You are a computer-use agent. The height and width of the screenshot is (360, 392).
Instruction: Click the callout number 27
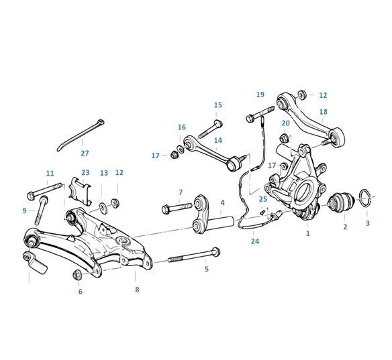click(85, 153)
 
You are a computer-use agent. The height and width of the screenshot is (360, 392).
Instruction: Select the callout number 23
click(85, 172)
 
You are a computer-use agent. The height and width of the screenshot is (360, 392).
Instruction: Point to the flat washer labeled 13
click(103, 208)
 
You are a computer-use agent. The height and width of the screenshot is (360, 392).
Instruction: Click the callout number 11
click(50, 173)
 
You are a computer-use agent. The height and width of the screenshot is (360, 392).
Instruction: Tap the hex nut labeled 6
click(77, 274)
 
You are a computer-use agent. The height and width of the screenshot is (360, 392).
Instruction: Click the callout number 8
click(137, 290)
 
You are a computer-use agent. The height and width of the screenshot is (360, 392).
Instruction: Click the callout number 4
click(222, 202)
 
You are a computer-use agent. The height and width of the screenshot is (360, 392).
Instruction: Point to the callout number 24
click(255, 241)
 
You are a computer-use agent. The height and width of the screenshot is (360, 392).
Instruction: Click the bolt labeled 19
click(260, 114)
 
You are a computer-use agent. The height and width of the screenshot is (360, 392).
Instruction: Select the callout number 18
click(324, 112)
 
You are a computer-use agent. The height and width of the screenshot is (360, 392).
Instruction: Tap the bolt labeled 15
click(210, 129)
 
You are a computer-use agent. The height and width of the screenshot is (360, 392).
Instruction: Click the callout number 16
click(182, 127)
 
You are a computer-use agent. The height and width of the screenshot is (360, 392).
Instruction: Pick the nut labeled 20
click(285, 138)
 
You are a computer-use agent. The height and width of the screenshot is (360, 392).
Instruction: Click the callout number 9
click(24, 211)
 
